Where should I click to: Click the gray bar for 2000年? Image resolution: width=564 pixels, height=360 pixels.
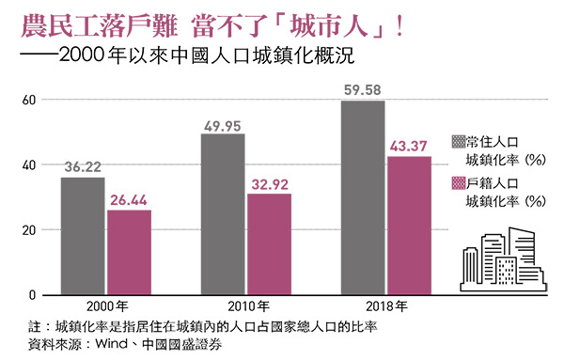point(83,236)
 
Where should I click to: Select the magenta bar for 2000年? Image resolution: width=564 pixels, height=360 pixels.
point(129,252)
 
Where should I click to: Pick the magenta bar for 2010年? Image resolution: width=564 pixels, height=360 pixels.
point(269,244)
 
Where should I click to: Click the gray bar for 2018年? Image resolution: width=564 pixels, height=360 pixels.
point(363,197)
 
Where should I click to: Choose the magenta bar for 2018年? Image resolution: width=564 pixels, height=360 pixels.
point(409,226)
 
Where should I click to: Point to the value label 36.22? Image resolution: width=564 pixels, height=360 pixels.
point(83,168)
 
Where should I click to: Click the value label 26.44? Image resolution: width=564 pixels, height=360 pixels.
point(129,200)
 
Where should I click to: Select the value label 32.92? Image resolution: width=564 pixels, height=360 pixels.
point(269,184)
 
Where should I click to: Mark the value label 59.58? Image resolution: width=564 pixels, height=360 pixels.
point(363,91)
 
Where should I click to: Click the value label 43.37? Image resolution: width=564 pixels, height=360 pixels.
point(409,147)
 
